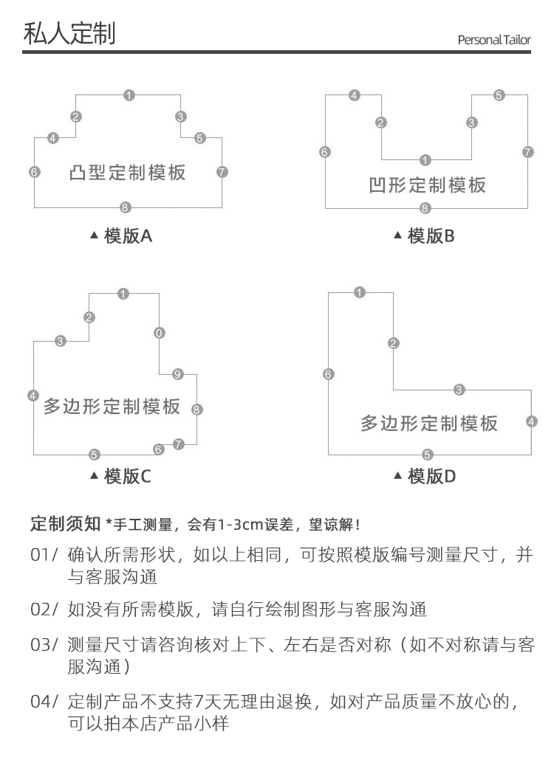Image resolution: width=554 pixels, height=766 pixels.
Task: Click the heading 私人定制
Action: [x=69, y=33]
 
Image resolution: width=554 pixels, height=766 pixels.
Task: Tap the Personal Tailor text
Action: [x=493, y=40]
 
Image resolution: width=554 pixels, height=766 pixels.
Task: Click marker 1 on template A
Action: [x=129, y=95]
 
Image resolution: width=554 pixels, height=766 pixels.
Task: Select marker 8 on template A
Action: [x=126, y=207]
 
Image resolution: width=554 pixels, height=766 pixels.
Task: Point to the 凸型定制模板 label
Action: [x=127, y=173]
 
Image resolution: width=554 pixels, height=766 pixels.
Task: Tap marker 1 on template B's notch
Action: [x=425, y=160]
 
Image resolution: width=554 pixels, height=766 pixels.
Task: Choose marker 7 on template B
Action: [x=527, y=152]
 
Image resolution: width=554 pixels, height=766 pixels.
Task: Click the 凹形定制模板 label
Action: [x=428, y=184]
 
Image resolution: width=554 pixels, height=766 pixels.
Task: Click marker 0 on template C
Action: [x=160, y=332]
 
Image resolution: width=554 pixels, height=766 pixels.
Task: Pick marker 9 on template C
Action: [x=177, y=374]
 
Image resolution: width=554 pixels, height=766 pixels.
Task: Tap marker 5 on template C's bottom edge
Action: [x=94, y=455]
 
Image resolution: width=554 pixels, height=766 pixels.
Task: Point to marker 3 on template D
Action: [x=459, y=390]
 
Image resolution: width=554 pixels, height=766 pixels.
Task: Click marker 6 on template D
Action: [x=329, y=374]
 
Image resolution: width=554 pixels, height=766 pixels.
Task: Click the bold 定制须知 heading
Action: [x=65, y=524]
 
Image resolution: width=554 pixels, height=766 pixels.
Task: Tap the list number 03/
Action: [x=44, y=644]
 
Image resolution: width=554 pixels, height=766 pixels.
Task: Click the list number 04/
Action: [x=44, y=700]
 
